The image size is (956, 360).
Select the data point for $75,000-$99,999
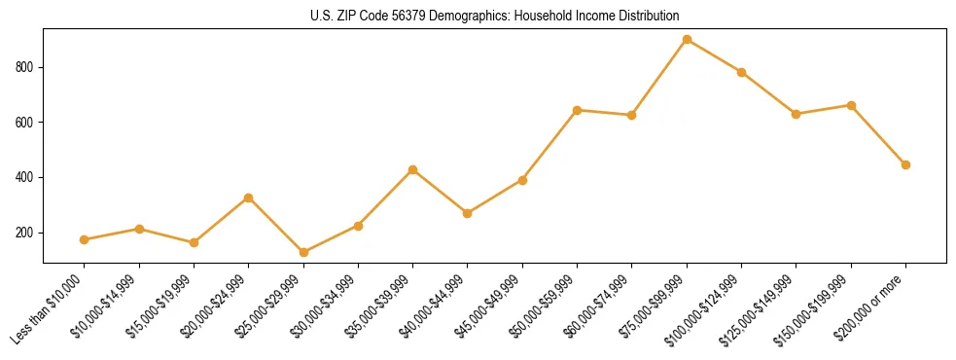click(687, 40)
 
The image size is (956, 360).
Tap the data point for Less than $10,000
click(85, 239)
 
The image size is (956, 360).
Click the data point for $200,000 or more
click(905, 164)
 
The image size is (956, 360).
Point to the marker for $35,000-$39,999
click(413, 169)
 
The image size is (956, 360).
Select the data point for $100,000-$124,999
click(742, 72)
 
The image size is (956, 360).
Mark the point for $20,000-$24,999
click(249, 198)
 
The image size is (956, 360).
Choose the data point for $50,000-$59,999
click(578, 110)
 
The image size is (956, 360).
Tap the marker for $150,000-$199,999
click(851, 105)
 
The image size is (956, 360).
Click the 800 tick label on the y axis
click(27, 67)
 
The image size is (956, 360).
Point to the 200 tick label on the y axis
click(27, 233)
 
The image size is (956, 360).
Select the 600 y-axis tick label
click(27, 123)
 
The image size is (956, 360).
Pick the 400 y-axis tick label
click(27, 177)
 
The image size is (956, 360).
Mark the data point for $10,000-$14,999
click(139, 230)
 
